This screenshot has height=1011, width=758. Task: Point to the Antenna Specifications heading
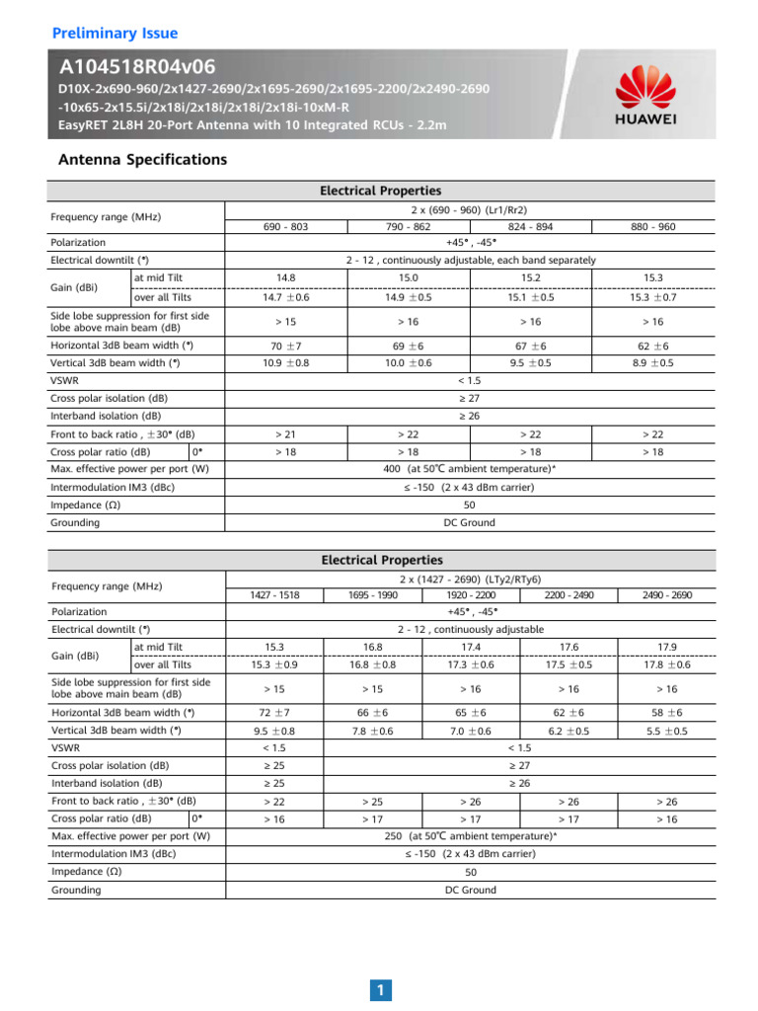point(143,159)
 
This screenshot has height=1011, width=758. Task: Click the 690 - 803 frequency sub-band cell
point(286,226)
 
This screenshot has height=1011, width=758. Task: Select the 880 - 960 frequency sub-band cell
point(652,226)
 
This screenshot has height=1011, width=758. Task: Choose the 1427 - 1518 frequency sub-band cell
point(275,595)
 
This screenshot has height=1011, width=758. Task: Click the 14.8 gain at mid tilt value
point(286,279)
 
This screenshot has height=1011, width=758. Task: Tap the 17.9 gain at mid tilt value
point(666,647)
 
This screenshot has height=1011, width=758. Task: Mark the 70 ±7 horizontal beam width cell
point(286,347)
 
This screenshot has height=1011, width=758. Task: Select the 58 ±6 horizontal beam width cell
point(666,712)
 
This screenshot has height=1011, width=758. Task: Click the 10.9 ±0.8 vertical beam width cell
point(286,362)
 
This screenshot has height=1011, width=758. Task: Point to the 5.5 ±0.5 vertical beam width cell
point(666,732)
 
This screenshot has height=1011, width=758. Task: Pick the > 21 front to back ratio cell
point(286,434)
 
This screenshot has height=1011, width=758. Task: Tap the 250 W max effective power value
point(469,835)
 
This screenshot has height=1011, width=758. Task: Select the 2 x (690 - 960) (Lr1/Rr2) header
point(469,210)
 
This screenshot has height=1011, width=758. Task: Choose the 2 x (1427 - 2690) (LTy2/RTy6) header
point(469,579)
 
